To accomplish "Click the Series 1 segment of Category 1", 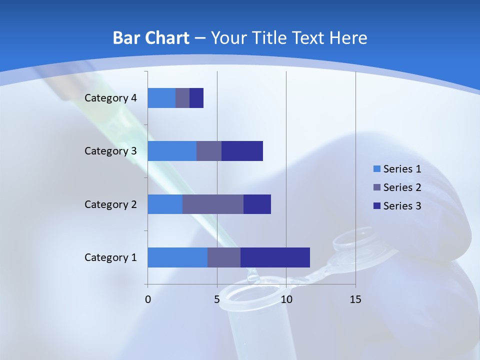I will pos(177,257).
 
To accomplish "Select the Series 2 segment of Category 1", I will pos(224,257).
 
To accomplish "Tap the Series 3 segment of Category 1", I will pos(275,257).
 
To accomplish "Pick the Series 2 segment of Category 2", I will pos(213,204).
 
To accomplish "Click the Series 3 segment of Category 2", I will pos(257,204).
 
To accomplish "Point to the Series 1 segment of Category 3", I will pos(172,151).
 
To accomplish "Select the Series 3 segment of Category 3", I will pos(242,151).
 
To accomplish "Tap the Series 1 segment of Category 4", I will pos(161,98).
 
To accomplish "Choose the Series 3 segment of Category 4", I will pos(196,98).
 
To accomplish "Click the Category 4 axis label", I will pos(110,98).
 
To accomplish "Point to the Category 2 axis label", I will pos(110,204).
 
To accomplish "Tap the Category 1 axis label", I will pos(110,257).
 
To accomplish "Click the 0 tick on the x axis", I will pos(148,299).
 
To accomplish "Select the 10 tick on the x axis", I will pos(286,299).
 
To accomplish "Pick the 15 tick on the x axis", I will pos(355,299).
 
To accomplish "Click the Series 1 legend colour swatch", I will pos(377,169).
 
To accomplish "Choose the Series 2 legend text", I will pos(402,187).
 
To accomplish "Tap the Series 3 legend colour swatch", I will pos(377,206).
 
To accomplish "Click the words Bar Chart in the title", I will pos(151,38).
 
